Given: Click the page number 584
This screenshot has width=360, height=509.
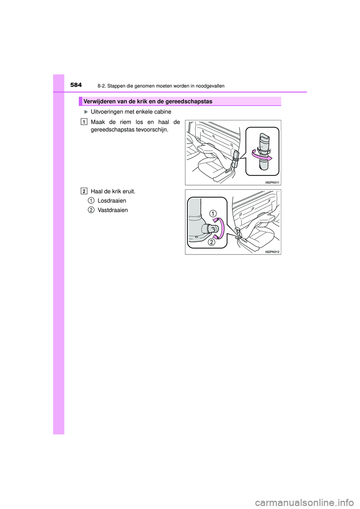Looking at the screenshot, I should (x=76, y=85).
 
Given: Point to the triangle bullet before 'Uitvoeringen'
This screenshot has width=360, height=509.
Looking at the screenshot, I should (x=86, y=112).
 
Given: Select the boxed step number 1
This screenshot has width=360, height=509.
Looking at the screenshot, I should (x=84, y=122).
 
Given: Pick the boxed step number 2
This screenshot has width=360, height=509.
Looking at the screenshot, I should (x=84, y=191).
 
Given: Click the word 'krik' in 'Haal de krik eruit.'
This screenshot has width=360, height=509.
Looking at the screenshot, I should (x=117, y=192).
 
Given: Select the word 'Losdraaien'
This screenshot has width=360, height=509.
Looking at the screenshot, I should (x=112, y=201).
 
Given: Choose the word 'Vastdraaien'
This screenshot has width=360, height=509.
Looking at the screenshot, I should (x=112, y=210).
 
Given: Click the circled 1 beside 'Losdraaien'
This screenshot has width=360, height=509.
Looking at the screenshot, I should (x=91, y=201).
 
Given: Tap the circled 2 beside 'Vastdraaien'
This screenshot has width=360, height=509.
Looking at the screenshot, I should (x=91, y=210).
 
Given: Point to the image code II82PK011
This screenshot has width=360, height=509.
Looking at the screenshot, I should (x=272, y=183).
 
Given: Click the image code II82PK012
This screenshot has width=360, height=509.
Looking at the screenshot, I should (x=272, y=252).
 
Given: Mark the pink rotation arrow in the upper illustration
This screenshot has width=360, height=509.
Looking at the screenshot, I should (x=262, y=156).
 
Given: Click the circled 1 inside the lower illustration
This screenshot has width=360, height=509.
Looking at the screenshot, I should (x=213, y=214).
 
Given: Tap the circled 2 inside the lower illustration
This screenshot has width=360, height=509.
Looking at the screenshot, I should (x=212, y=242).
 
